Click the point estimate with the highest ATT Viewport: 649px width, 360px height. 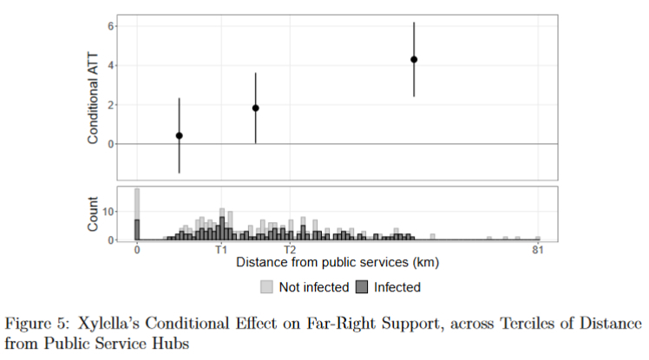pos(414,60)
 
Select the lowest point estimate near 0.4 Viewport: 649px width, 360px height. pos(179,135)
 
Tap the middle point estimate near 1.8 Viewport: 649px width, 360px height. pos(255,108)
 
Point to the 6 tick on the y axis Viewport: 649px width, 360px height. pos(110,26)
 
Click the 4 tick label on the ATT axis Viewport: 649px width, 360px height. pos(110,65)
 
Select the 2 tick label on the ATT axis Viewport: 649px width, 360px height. pos(110,105)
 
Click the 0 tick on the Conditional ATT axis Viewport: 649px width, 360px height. pos(110,144)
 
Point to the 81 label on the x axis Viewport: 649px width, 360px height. pos(538,250)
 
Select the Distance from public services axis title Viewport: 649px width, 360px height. pos(337,262)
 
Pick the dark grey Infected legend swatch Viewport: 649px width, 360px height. pos(363,286)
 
